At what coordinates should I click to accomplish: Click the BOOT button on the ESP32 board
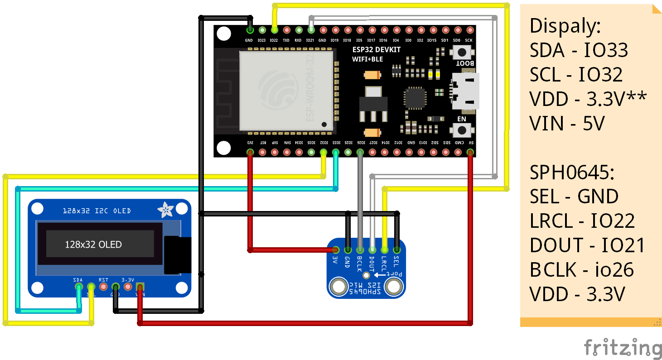(x=462, y=53)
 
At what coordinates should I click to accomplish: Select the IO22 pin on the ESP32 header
(x=274, y=30)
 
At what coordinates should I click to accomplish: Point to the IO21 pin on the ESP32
(x=311, y=30)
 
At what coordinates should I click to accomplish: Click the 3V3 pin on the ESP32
(x=250, y=153)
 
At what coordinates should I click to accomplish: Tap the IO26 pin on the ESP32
(x=360, y=153)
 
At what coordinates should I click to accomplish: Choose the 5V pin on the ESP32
(x=470, y=153)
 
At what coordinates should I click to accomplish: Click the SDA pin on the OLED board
(x=79, y=287)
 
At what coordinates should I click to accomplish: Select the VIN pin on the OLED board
(x=140, y=287)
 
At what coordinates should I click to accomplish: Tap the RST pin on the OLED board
(x=103, y=287)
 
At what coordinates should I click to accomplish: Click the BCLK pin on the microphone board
(x=360, y=250)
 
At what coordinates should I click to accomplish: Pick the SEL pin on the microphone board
(x=397, y=250)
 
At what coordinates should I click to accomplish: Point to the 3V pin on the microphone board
(x=336, y=250)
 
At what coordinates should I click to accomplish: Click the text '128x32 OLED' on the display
(x=93, y=245)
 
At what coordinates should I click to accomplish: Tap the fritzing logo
(x=623, y=347)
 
